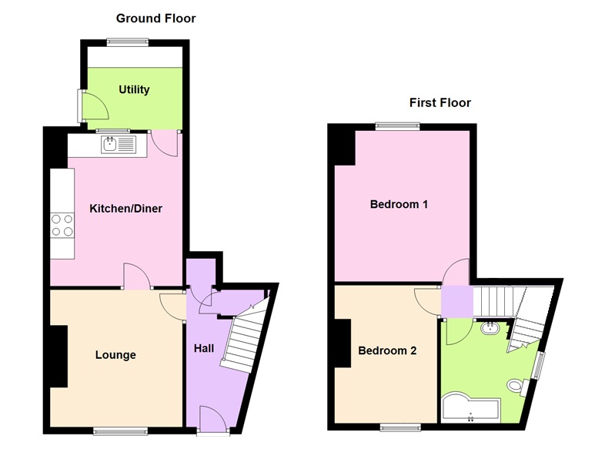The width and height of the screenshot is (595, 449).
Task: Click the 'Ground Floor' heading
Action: point(155,18)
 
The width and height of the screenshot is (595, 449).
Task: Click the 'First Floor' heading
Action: point(440,102)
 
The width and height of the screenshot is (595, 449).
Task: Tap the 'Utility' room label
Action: point(134,90)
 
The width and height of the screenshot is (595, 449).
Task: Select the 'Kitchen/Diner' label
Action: point(126,209)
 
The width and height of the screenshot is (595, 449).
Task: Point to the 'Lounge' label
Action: point(115,355)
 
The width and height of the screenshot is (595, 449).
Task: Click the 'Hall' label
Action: point(204,349)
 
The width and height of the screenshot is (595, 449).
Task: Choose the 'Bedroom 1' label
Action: point(399,205)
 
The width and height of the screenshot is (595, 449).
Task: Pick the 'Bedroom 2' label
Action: point(387,350)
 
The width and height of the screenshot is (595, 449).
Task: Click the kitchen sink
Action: point(118,143)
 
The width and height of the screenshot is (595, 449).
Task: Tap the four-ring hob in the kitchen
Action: point(62,225)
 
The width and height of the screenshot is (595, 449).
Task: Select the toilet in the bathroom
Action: point(516,385)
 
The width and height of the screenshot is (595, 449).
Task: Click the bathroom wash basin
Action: point(490,330)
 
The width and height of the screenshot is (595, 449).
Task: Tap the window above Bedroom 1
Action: point(398,126)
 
